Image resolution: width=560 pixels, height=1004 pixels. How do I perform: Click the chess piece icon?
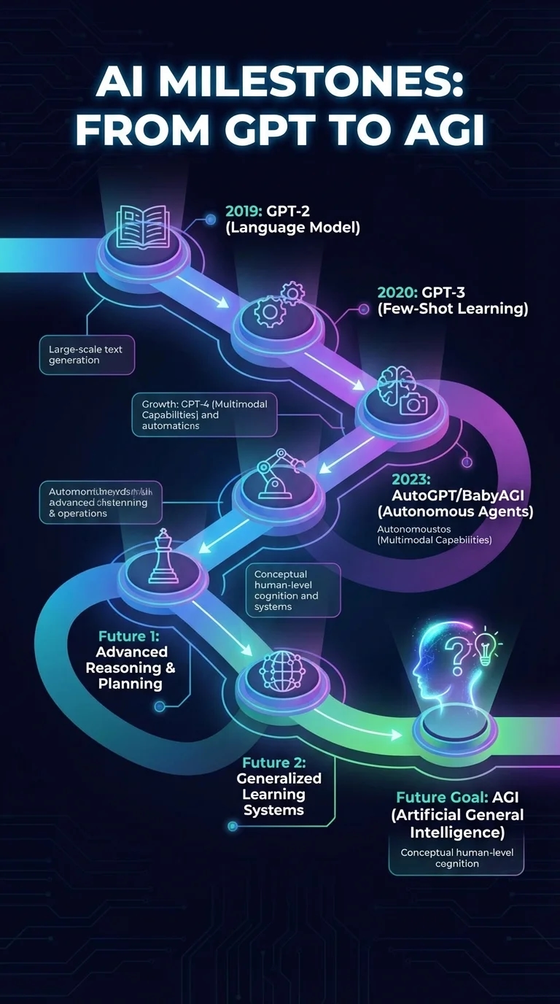coord(163,558)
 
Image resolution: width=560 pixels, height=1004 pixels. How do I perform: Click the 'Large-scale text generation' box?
coord(86,355)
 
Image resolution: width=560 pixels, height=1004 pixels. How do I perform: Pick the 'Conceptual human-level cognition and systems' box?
coord(292,590)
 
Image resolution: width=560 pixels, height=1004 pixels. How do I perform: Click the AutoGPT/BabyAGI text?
coord(458,495)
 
